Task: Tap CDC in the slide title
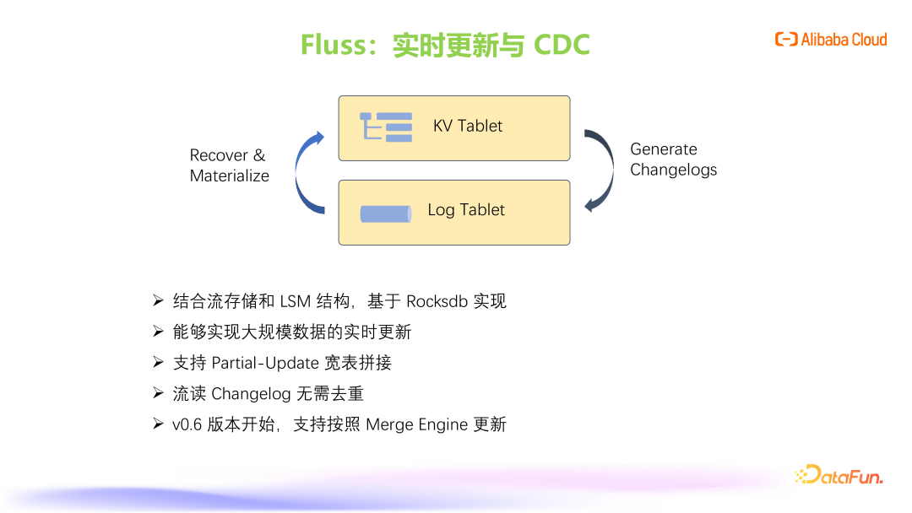(562, 45)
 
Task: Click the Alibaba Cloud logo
(831, 40)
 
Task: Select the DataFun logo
(839, 475)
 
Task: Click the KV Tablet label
(468, 126)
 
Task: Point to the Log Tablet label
(466, 210)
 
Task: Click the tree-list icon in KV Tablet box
(386, 127)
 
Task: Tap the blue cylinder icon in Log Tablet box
(386, 213)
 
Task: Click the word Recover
(219, 155)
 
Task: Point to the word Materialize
(230, 175)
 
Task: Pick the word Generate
(664, 149)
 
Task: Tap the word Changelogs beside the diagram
(674, 170)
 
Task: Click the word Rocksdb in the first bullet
(437, 301)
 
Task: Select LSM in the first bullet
(296, 301)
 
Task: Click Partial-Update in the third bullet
(265, 363)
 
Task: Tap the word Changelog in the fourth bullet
(251, 394)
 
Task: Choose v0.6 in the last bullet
(187, 424)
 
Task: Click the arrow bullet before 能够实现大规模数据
(158, 331)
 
